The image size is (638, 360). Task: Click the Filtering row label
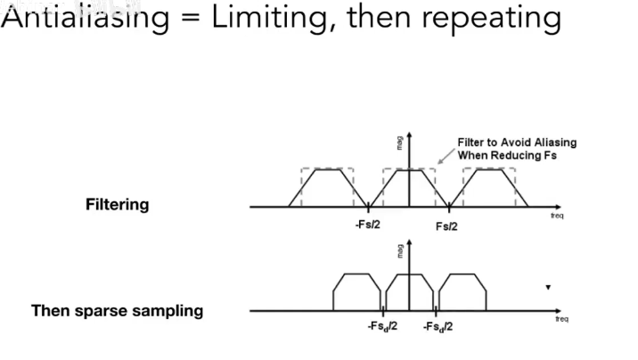pyautogui.click(x=117, y=204)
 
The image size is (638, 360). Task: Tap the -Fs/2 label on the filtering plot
pyautogui.click(x=367, y=225)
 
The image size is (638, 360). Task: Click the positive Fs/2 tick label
pyautogui.click(x=447, y=225)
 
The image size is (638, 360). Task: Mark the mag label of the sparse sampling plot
pyautogui.click(x=401, y=252)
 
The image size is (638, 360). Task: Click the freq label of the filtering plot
pyautogui.click(x=557, y=216)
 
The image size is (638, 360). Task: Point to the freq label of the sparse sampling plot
pyautogui.click(x=561, y=319)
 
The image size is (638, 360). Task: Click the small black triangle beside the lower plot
pyautogui.click(x=548, y=287)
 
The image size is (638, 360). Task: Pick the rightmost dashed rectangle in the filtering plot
pyautogui.click(x=490, y=187)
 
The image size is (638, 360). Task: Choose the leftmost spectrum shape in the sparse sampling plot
pyautogui.click(x=356, y=292)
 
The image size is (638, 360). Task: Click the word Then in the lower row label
pyautogui.click(x=50, y=311)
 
